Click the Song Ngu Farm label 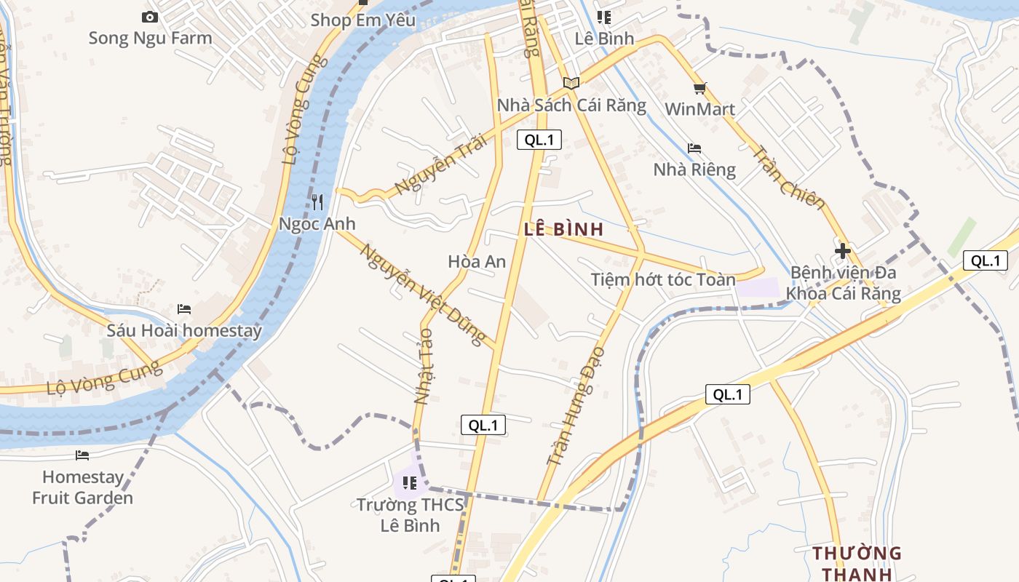pyautogui.click(x=150, y=38)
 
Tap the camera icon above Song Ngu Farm pyautogui.click(x=150, y=17)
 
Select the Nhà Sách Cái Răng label pyautogui.click(x=571, y=105)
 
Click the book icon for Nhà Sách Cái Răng pyautogui.click(x=571, y=83)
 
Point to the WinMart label pyautogui.click(x=699, y=109)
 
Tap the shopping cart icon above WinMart pyautogui.click(x=699, y=89)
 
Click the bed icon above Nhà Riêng pyautogui.click(x=694, y=148)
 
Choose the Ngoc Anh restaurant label pyautogui.click(x=317, y=223)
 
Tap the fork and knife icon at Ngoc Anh pyautogui.click(x=317, y=202)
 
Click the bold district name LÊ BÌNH pyautogui.click(x=563, y=229)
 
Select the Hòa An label pyautogui.click(x=477, y=261)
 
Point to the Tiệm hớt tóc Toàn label pyautogui.click(x=663, y=279)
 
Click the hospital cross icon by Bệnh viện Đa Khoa pyautogui.click(x=843, y=251)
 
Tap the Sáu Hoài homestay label pyautogui.click(x=184, y=330)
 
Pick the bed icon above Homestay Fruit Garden pyautogui.click(x=82, y=455)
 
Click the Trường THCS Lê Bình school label pyautogui.click(x=410, y=514)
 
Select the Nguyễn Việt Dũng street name pyautogui.click(x=423, y=295)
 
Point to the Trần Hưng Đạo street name pyautogui.click(x=576, y=405)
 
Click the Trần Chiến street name pyautogui.click(x=788, y=178)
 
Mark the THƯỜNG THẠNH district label pyautogui.click(x=857, y=563)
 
